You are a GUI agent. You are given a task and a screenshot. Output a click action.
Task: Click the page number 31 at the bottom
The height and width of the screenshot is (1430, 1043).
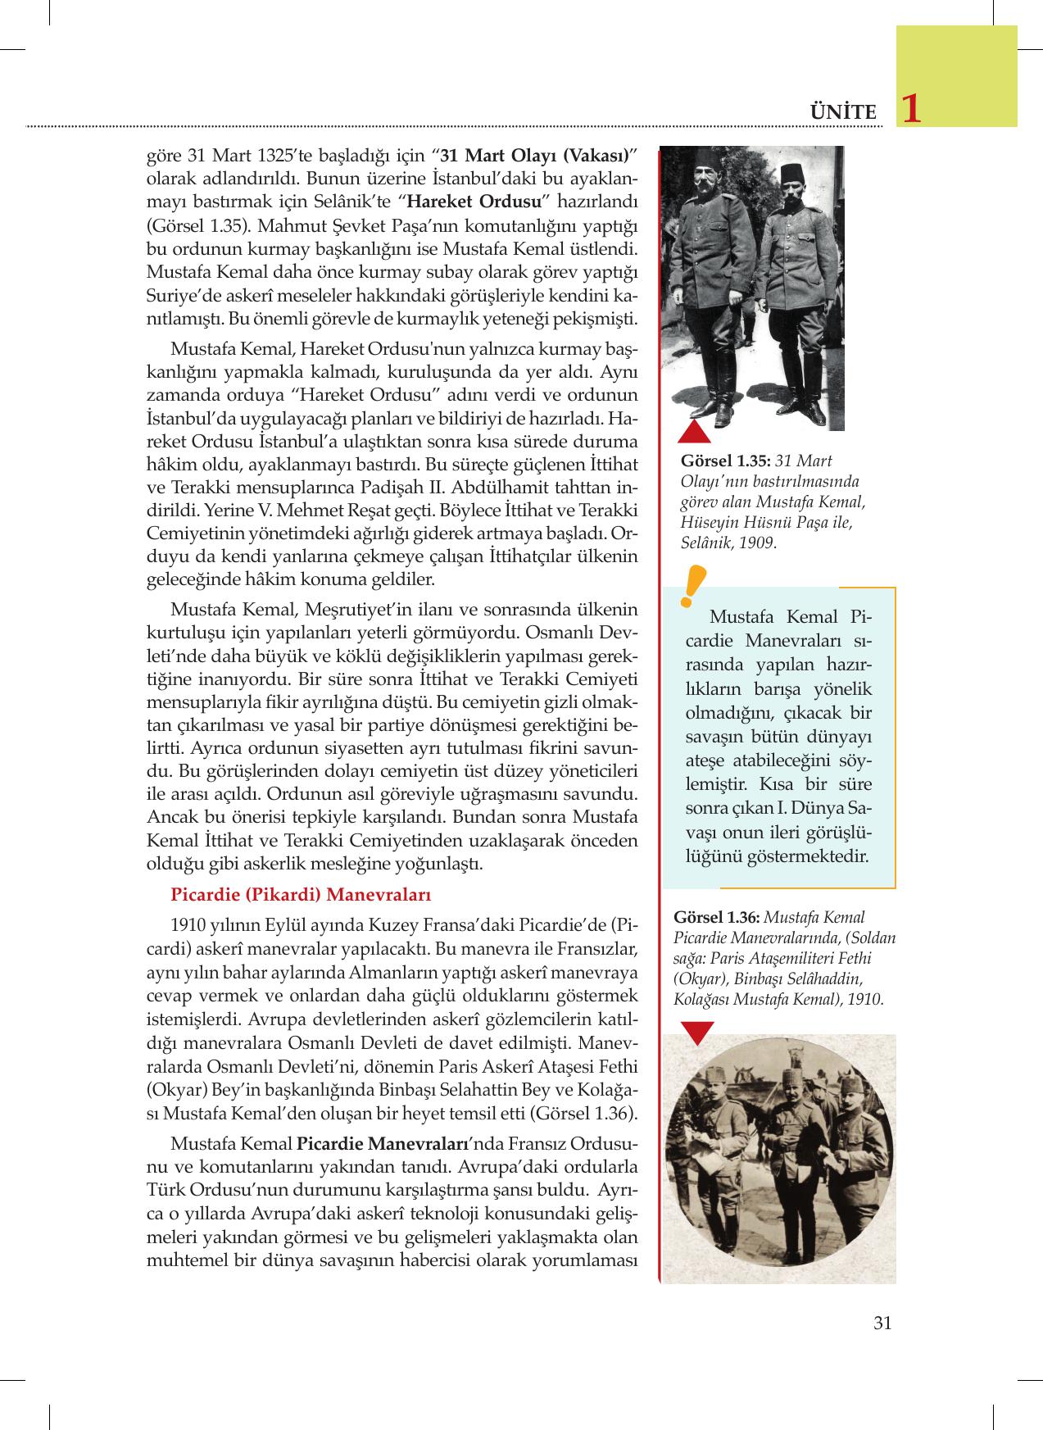[x=882, y=1322]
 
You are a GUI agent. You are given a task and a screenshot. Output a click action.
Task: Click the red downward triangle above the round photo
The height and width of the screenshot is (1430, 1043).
[x=696, y=1033]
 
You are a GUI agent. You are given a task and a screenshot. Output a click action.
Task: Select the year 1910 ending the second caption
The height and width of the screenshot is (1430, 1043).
[x=865, y=999]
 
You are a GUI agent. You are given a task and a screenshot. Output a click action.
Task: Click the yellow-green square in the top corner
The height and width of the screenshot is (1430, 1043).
[x=956, y=75]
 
